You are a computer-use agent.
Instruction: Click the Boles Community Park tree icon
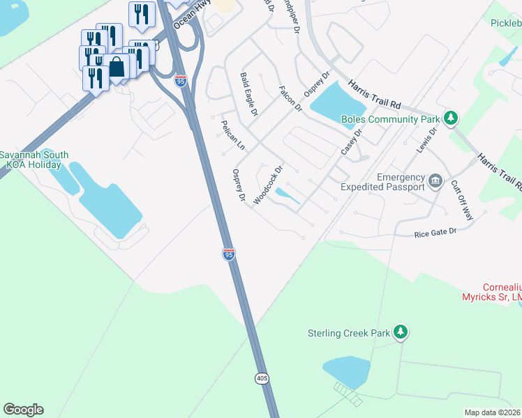[451, 118]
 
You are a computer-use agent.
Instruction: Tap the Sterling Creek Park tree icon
[401, 332]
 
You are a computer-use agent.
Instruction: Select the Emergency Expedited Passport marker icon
[435, 182]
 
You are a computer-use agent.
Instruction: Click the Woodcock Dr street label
[269, 184]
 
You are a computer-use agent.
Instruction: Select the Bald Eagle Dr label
[249, 93]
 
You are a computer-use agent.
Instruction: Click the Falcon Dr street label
[290, 98]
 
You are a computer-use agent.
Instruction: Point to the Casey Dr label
[352, 142]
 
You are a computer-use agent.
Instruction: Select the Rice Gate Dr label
[434, 232]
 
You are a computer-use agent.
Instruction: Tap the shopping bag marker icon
[117, 68]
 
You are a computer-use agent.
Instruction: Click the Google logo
[23, 410]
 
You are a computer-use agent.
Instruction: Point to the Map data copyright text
[492, 412]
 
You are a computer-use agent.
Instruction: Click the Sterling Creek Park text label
[349, 333]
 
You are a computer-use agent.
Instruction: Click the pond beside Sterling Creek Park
[346, 371]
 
